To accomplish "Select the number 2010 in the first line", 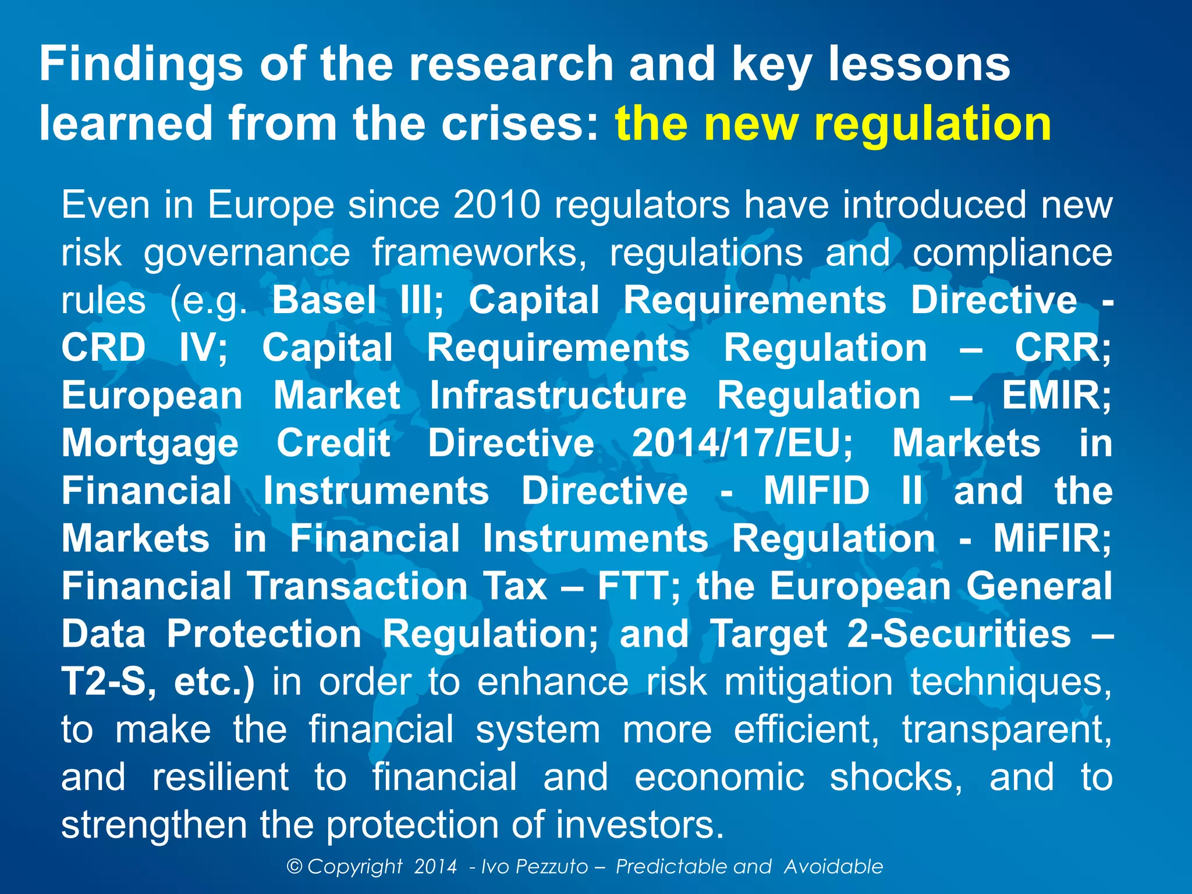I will pyautogui.click(x=497, y=205).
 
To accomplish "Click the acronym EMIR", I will pyautogui.click(x=1056, y=396).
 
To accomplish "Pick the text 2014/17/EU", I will pyautogui.click(x=742, y=444).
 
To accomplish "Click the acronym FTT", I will pyautogui.click(x=638, y=587).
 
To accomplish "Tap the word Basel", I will pyautogui.click(x=324, y=300).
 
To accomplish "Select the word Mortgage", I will pyautogui.click(x=150, y=444).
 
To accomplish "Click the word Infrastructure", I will pyautogui.click(x=558, y=396).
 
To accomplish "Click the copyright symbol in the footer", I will pyautogui.click(x=295, y=867).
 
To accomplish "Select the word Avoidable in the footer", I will pyautogui.click(x=833, y=867).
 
